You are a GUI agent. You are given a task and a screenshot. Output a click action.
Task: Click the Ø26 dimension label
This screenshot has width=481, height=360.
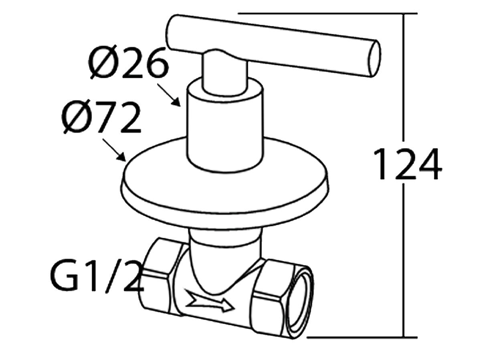(x=127, y=63)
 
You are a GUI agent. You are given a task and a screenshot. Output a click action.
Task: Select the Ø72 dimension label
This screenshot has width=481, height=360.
(x=103, y=118)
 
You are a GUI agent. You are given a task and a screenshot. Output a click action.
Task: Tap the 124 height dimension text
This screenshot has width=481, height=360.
(x=407, y=164)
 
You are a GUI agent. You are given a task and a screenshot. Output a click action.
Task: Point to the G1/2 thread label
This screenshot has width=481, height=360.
(x=96, y=278)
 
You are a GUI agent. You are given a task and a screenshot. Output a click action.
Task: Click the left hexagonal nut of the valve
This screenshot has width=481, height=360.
(x=158, y=276)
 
